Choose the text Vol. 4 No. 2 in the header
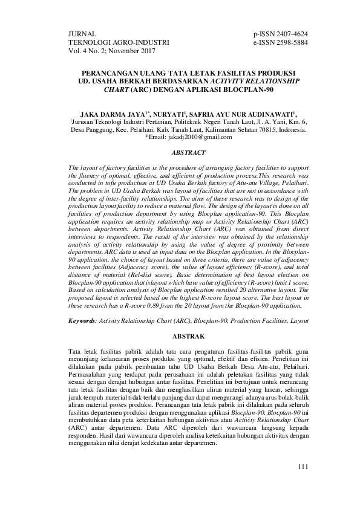point(89,52)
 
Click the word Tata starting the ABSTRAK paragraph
point(76,351)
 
